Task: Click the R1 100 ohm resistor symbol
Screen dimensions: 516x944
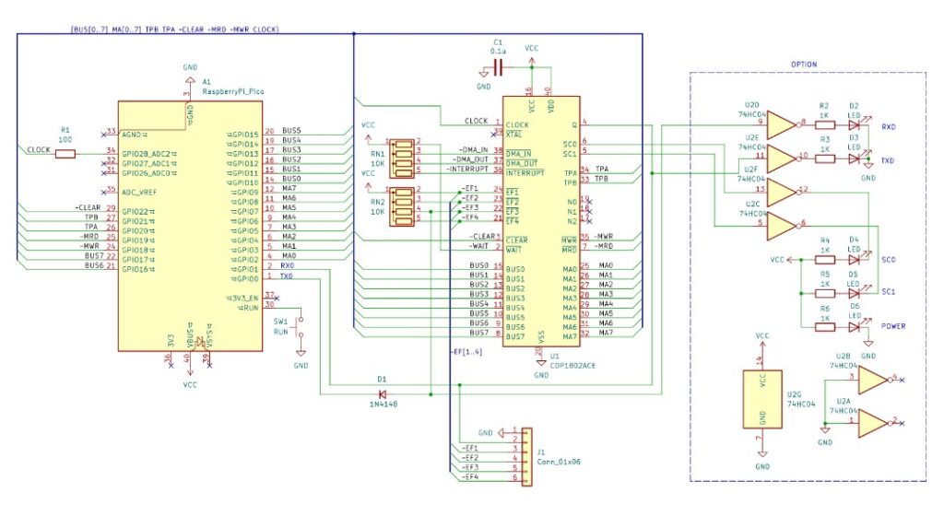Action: [65, 153]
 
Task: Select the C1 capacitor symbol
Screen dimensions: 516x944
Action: [499, 67]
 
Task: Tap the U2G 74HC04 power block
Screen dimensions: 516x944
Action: [762, 398]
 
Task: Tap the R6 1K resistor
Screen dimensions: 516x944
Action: [826, 322]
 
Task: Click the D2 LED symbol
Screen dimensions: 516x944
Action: [855, 123]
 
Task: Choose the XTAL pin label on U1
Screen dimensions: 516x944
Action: [515, 135]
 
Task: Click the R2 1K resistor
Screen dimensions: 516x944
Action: [825, 123]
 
